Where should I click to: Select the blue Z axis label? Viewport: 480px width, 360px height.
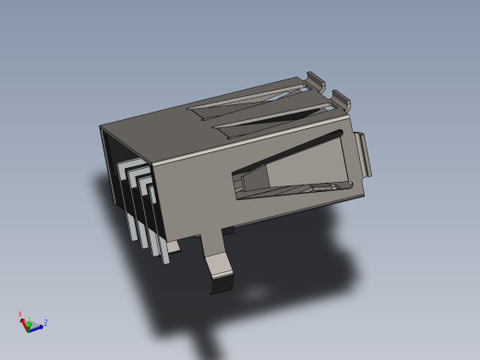pos(45,322)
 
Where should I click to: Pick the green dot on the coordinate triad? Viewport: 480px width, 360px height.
pos(30,324)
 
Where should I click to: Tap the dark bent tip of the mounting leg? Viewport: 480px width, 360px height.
pos(222,284)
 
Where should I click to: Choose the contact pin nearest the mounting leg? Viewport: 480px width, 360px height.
pos(162,231)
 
